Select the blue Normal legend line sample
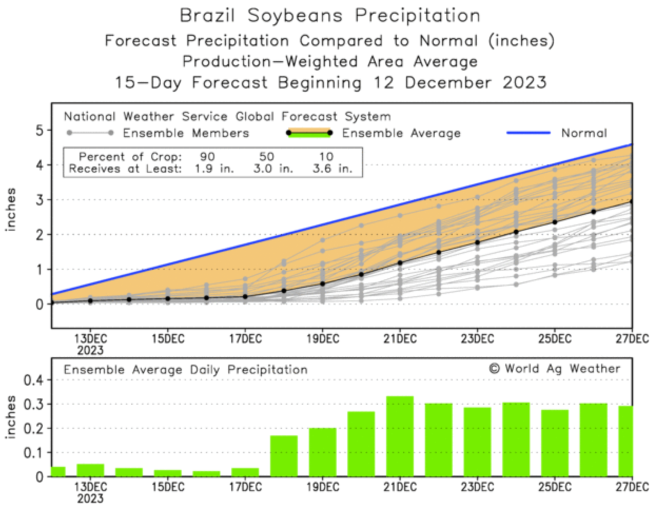pos(528,133)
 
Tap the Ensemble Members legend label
pos(185,133)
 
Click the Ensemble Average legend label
pos(401,133)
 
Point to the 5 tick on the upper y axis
pos(40,130)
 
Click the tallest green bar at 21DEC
pos(400,436)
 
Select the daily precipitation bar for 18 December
pos(284,456)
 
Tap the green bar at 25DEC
pos(555,443)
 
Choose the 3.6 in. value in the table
pos(332,169)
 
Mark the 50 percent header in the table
pos(267,156)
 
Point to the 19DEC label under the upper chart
pos(322,339)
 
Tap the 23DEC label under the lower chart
pos(477,487)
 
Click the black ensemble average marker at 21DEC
pos(400,262)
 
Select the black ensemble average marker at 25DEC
pos(555,222)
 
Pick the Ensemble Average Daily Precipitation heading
pos(185,370)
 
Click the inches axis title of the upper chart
pos(11,209)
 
